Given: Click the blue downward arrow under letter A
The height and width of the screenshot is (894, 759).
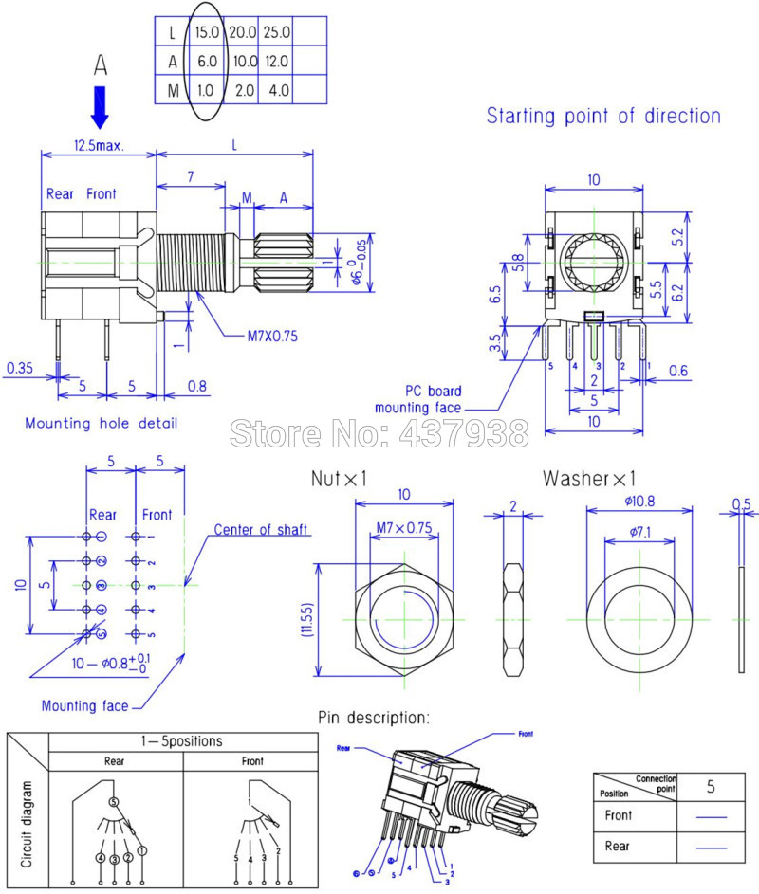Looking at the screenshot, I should click(x=100, y=106).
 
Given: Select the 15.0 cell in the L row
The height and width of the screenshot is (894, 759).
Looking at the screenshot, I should click(x=207, y=31).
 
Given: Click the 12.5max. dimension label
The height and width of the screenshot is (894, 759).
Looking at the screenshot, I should click(x=99, y=148).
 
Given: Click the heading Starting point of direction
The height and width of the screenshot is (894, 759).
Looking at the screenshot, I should click(x=603, y=117).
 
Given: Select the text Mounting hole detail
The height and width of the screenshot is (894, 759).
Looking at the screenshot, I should click(x=101, y=423).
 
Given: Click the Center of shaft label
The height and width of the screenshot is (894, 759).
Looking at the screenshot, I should click(x=261, y=529).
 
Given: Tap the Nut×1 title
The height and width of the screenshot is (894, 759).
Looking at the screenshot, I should click(x=339, y=479).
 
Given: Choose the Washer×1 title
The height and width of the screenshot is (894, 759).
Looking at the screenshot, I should click(x=589, y=478).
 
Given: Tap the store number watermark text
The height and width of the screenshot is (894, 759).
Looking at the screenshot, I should click(x=379, y=434).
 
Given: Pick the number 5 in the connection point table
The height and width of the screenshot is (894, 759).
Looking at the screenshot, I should click(x=711, y=786).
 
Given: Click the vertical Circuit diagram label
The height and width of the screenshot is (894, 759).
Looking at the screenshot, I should click(x=28, y=824).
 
